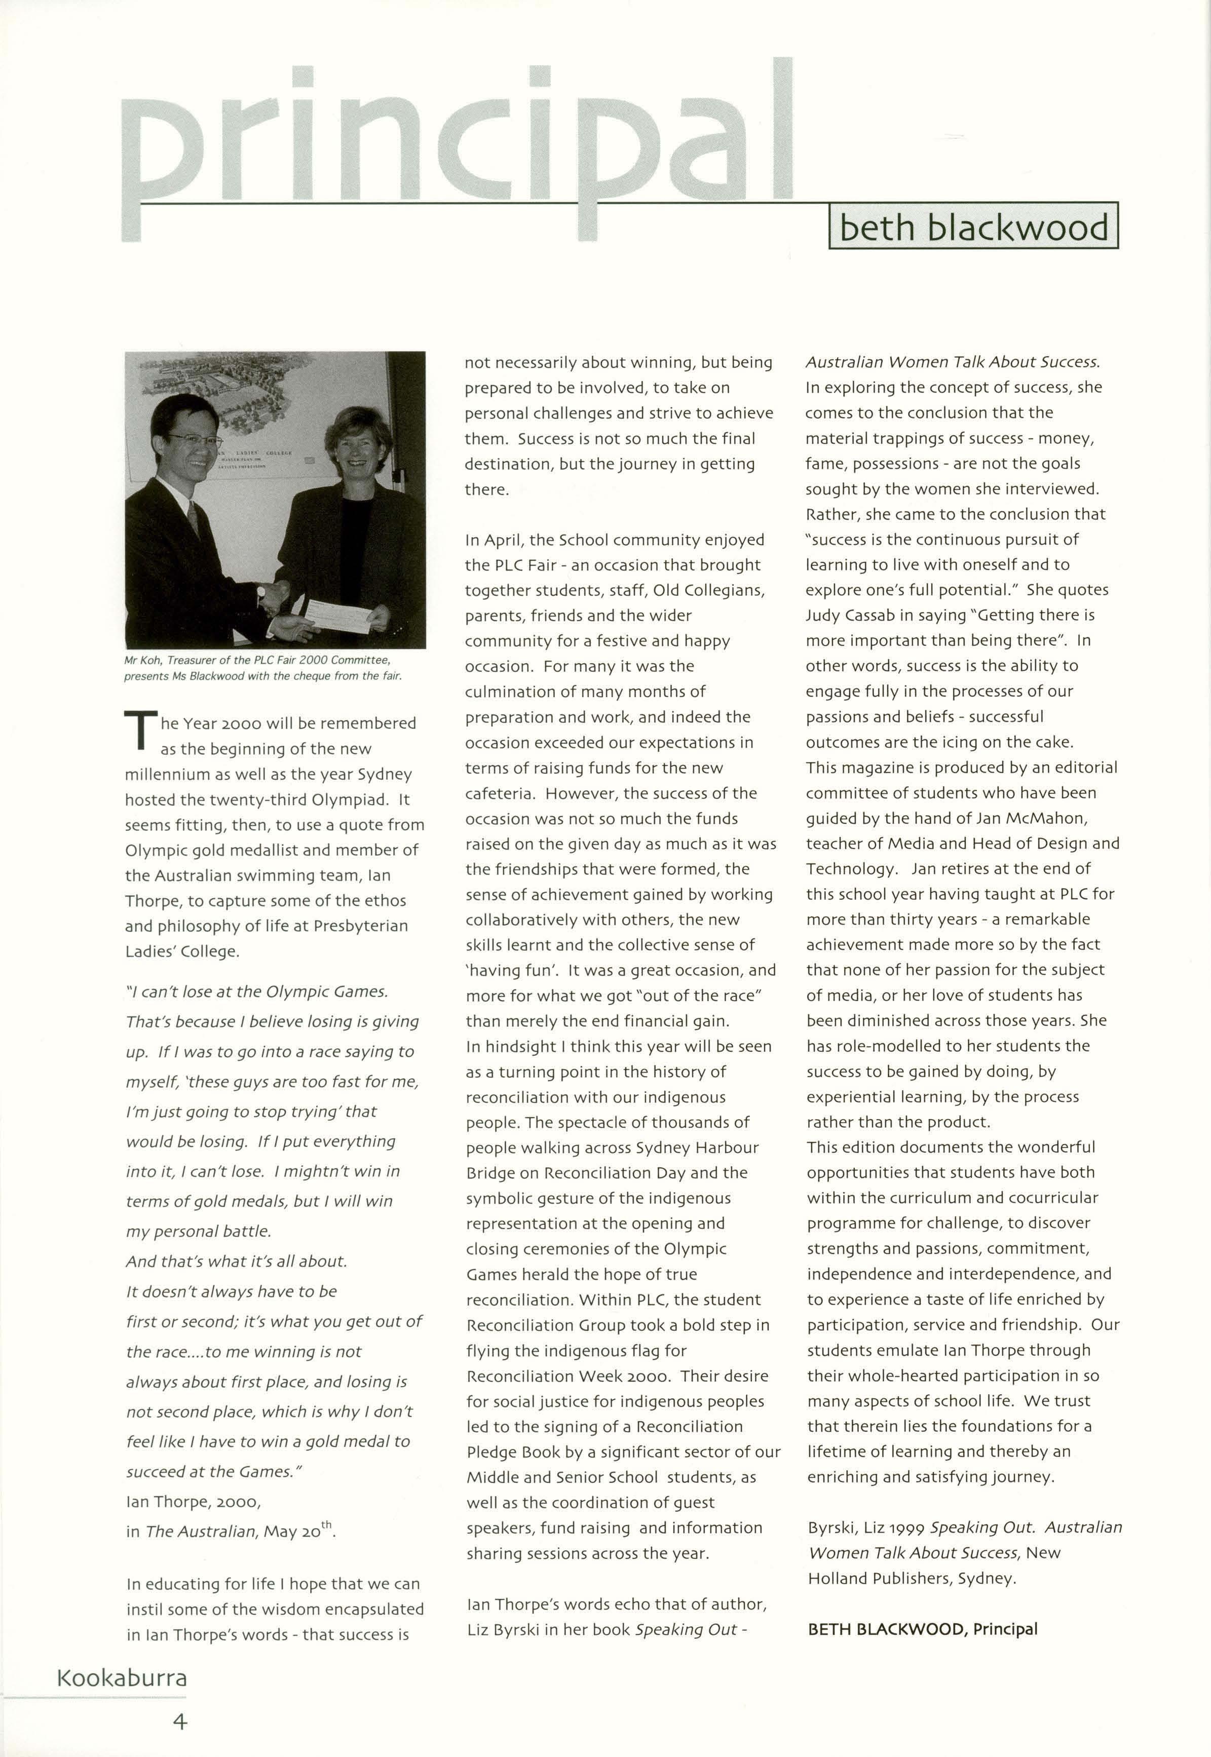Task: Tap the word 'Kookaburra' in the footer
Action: [x=122, y=1677]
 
